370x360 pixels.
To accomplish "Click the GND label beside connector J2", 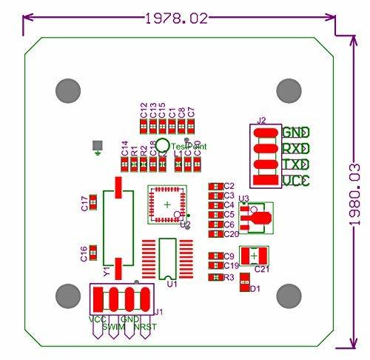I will [x=295, y=133].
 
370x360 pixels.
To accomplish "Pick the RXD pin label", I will [x=295, y=150].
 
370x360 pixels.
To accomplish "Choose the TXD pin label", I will [x=295, y=165].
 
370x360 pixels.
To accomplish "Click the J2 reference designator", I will [x=262, y=120].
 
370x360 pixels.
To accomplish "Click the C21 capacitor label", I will [x=262, y=269].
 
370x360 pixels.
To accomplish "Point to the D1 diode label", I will [x=256, y=289].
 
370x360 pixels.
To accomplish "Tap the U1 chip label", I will [x=172, y=283].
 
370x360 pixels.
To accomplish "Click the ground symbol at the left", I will [x=96, y=149].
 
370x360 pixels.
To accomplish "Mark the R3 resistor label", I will [x=229, y=278].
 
